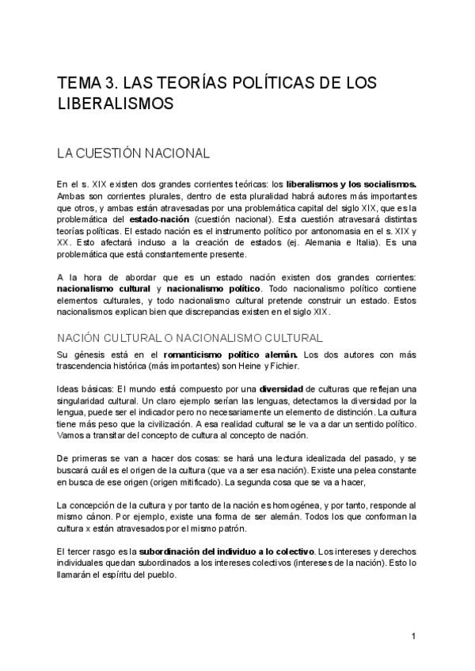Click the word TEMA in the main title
[x=79, y=84]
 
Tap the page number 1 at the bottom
[x=413, y=636]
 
